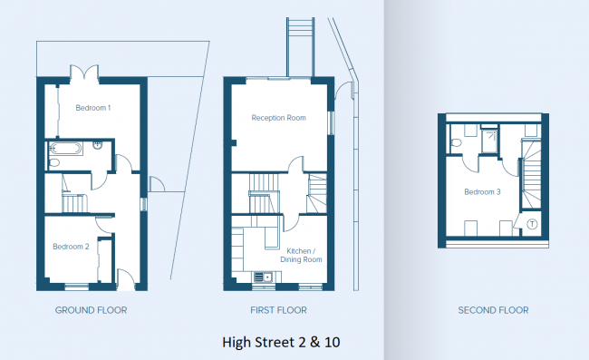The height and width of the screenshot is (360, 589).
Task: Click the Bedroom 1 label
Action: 93,108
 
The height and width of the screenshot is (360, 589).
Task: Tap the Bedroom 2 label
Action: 71,247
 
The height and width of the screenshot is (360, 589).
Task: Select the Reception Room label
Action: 278,118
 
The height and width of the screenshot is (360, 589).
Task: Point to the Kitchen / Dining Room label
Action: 301,255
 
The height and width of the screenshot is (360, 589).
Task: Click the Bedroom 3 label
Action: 482,192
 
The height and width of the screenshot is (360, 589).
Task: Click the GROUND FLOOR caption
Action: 91,310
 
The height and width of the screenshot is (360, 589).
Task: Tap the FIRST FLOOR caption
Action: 278,310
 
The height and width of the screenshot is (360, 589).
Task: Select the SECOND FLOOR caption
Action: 493,310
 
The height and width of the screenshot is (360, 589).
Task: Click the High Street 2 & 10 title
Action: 281,342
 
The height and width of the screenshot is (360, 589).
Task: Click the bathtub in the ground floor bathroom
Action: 66,149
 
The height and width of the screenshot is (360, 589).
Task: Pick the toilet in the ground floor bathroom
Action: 53,162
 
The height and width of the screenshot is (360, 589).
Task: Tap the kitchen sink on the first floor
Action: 263,277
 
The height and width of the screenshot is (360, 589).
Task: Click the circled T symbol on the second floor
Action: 532,224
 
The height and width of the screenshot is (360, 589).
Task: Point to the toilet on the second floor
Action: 456,142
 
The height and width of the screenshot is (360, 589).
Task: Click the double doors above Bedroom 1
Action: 84,73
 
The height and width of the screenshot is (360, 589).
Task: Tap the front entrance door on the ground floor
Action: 126,279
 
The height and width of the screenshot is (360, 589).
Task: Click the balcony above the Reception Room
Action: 300,47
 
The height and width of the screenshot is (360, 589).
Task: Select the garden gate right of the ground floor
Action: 157,184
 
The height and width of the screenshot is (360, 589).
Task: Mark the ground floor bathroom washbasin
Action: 97,145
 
